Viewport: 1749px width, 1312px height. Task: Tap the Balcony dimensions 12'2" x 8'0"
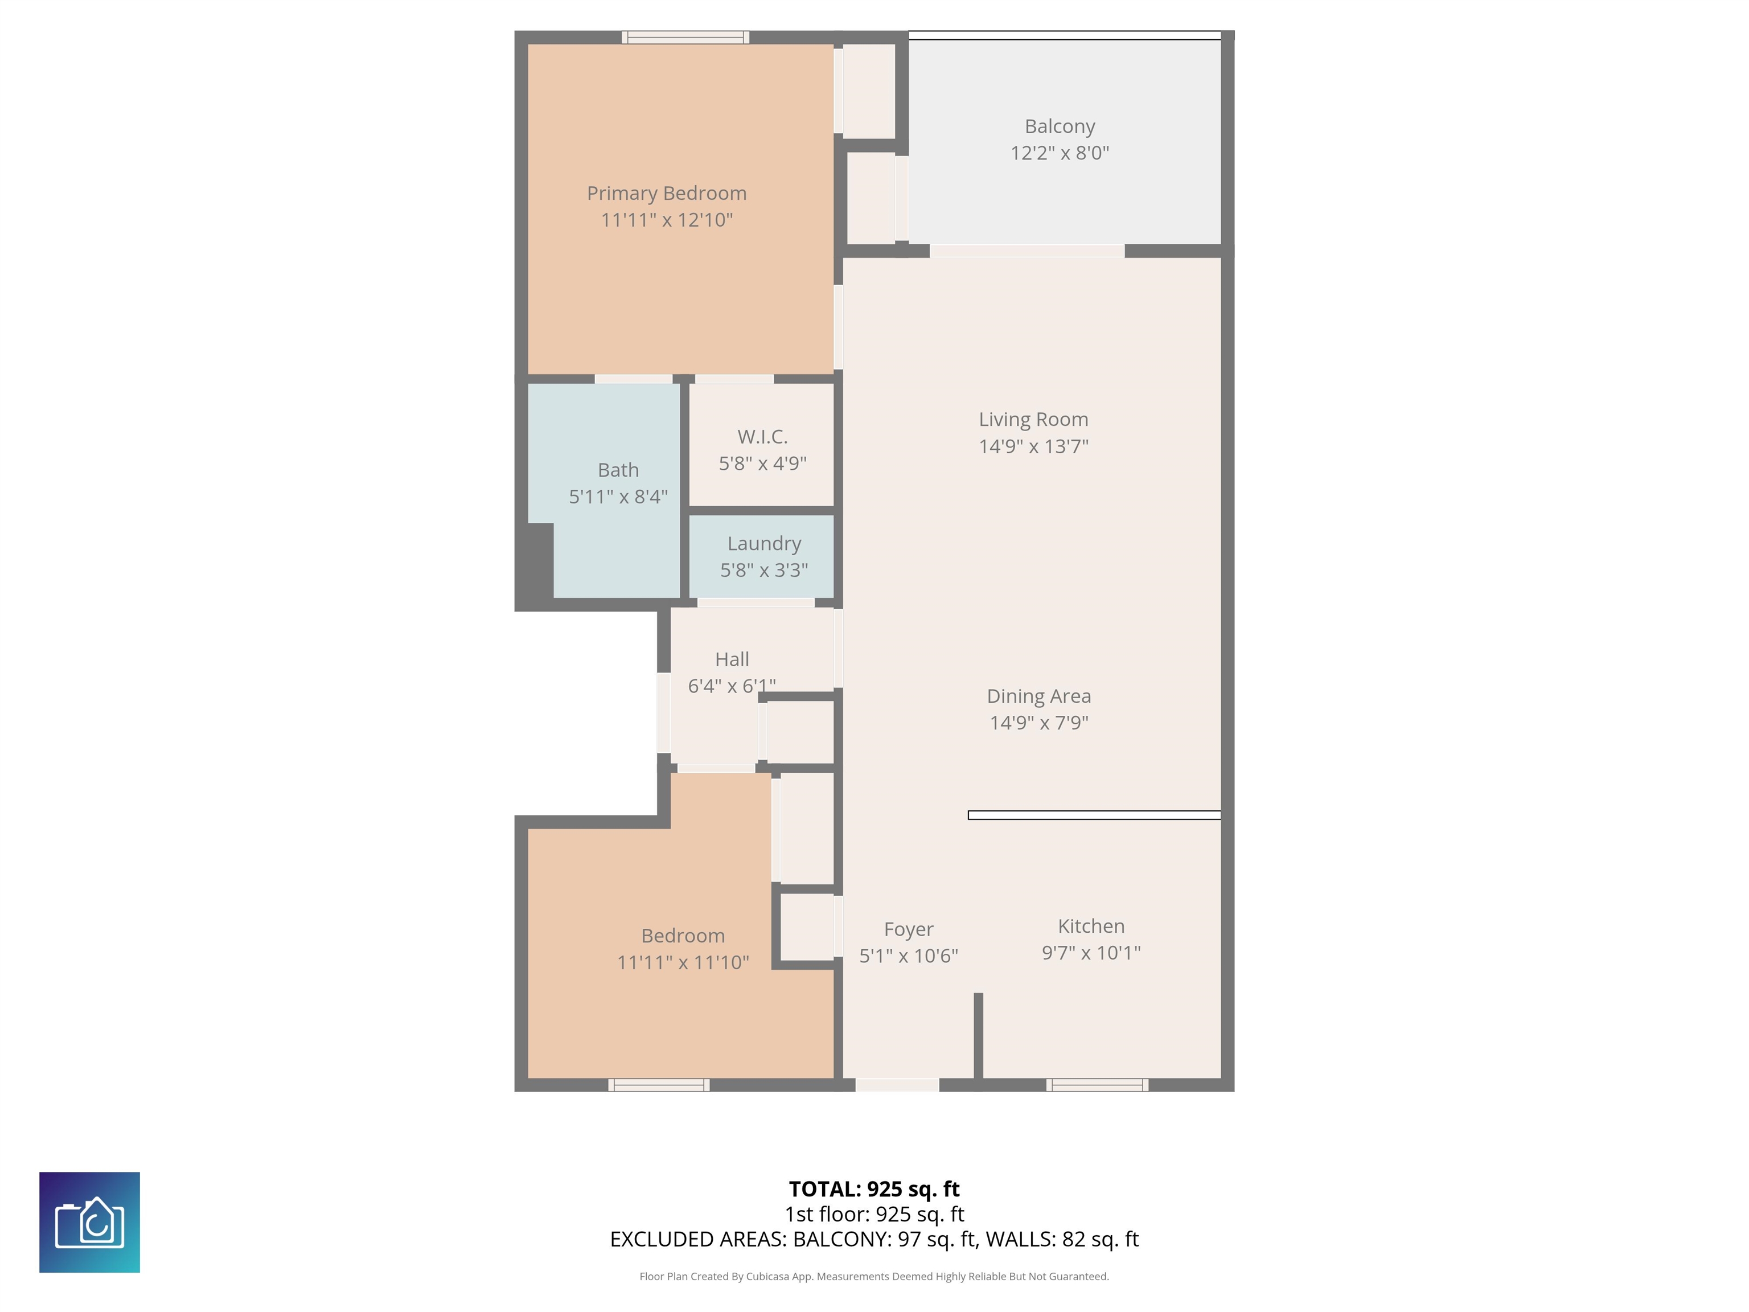pyautogui.click(x=1059, y=153)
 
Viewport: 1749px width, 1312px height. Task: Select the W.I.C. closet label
pyautogui.click(x=762, y=437)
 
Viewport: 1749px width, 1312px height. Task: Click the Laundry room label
pyautogui.click(x=764, y=543)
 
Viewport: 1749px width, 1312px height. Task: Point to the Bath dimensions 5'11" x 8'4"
pyautogui.click(x=618, y=497)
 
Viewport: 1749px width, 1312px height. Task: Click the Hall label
pyautogui.click(x=732, y=659)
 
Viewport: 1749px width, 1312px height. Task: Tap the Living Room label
pyautogui.click(x=1033, y=419)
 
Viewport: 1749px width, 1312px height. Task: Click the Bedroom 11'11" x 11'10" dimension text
pyautogui.click(x=683, y=962)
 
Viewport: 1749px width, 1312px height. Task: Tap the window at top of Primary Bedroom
pyautogui.click(x=685, y=37)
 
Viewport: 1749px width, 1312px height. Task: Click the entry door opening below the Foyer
pyautogui.click(x=897, y=1085)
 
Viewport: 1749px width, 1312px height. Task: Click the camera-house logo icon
pyautogui.click(x=89, y=1222)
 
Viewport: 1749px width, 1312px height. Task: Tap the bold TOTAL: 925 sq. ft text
pyautogui.click(x=874, y=1188)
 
